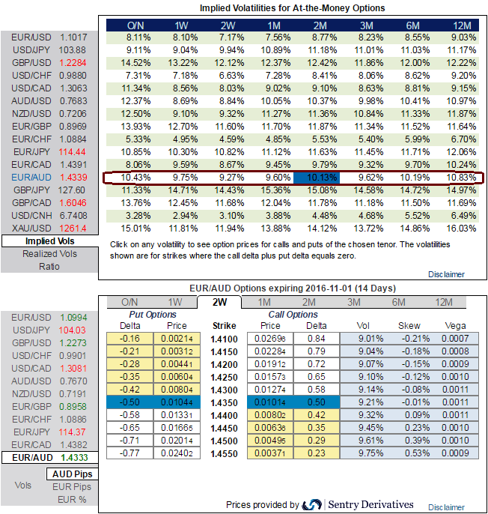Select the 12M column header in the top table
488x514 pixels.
(457, 25)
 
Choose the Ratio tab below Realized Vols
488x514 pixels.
(49, 267)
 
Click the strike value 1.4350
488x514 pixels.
(224, 402)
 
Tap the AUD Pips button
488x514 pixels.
(73, 474)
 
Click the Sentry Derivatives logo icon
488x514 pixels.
(313, 504)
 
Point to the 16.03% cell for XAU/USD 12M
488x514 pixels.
(457, 228)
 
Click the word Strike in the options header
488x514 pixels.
(224, 326)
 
